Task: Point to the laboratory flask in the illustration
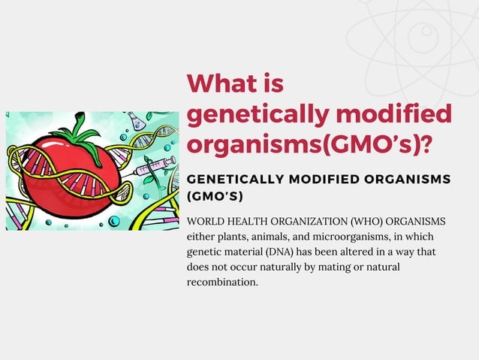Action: coord(136,120)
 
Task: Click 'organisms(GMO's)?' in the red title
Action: coord(309,143)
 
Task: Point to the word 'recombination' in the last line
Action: coord(221,282)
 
